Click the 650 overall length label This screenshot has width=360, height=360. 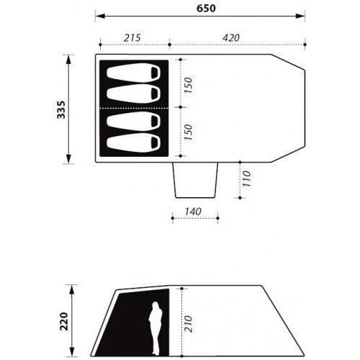[x=206, y=8]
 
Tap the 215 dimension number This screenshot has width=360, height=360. [x=132, y=38]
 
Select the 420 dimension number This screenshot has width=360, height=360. [x=231, y=38]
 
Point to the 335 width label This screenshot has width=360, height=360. [x=61, y=109]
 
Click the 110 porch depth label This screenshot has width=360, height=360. [x=246, y=179]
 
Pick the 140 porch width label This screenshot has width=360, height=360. [x=193, y=212]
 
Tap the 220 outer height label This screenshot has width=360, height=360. [x=64, y=321]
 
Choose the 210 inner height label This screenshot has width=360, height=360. [x=189, y=324]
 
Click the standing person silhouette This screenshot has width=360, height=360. [x=155, y=328]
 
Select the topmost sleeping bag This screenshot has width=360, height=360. [x=134, y=72]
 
